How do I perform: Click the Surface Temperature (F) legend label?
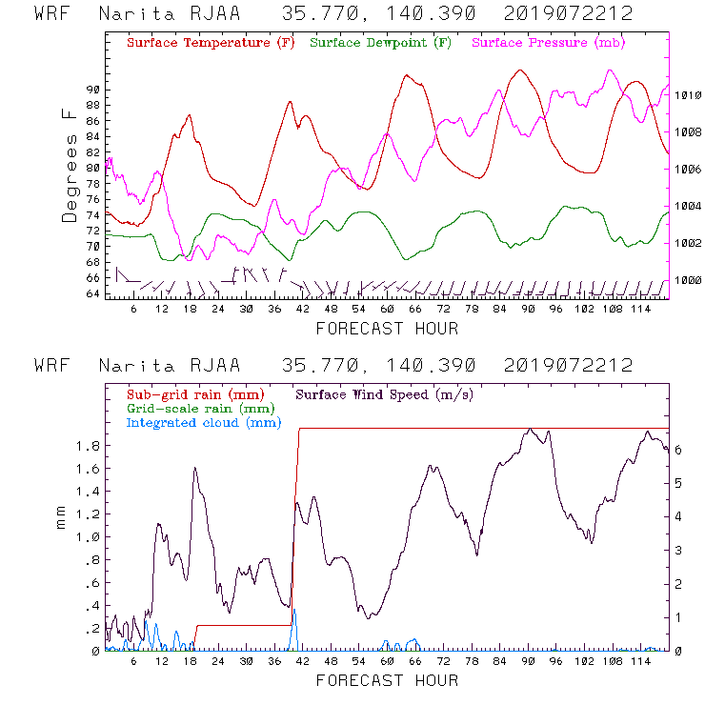tap(211, 43)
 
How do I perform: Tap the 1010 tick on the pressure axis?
tap(689, 95)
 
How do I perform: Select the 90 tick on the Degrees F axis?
tap(92, 89)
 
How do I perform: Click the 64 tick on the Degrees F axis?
tap(92, 294)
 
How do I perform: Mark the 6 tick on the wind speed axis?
tap(677, 448)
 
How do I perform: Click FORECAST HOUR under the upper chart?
tap(387, 329)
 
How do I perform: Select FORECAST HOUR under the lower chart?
tap(387, 680)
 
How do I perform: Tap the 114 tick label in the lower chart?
tap(640, 662)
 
